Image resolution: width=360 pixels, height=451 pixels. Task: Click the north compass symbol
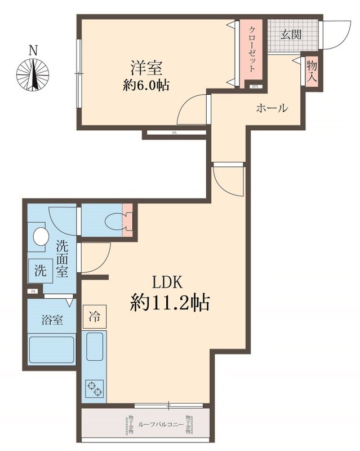coord(33,73)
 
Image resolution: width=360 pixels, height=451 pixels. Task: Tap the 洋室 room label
coord(147,68)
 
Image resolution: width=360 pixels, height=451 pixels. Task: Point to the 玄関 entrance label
coord(291,34)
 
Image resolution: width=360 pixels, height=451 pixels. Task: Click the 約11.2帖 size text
coord(170,304)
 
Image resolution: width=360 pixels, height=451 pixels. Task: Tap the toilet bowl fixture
coord(117,222)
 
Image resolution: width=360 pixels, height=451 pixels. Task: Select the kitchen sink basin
coord(94,346)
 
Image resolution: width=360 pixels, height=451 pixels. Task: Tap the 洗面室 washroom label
coord(62,258)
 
